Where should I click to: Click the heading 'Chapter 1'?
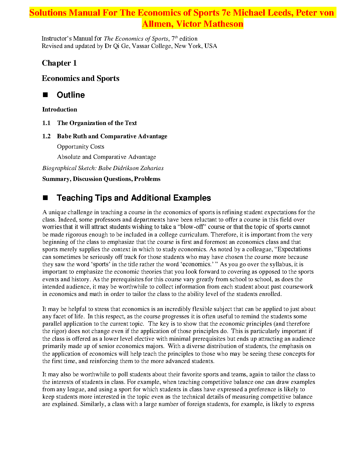(59, 63)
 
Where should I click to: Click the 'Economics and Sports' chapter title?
(80, 78)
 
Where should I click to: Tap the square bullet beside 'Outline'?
(45, 95)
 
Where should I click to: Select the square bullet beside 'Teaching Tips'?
(45, 198)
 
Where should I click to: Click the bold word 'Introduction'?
(59, 109)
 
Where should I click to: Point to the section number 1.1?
(46, 123)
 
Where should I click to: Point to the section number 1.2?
(46, 136)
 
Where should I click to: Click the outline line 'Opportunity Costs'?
(81, 147)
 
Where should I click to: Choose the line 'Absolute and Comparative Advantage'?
(106, 157)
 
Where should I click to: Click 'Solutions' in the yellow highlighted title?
(48, 13)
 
